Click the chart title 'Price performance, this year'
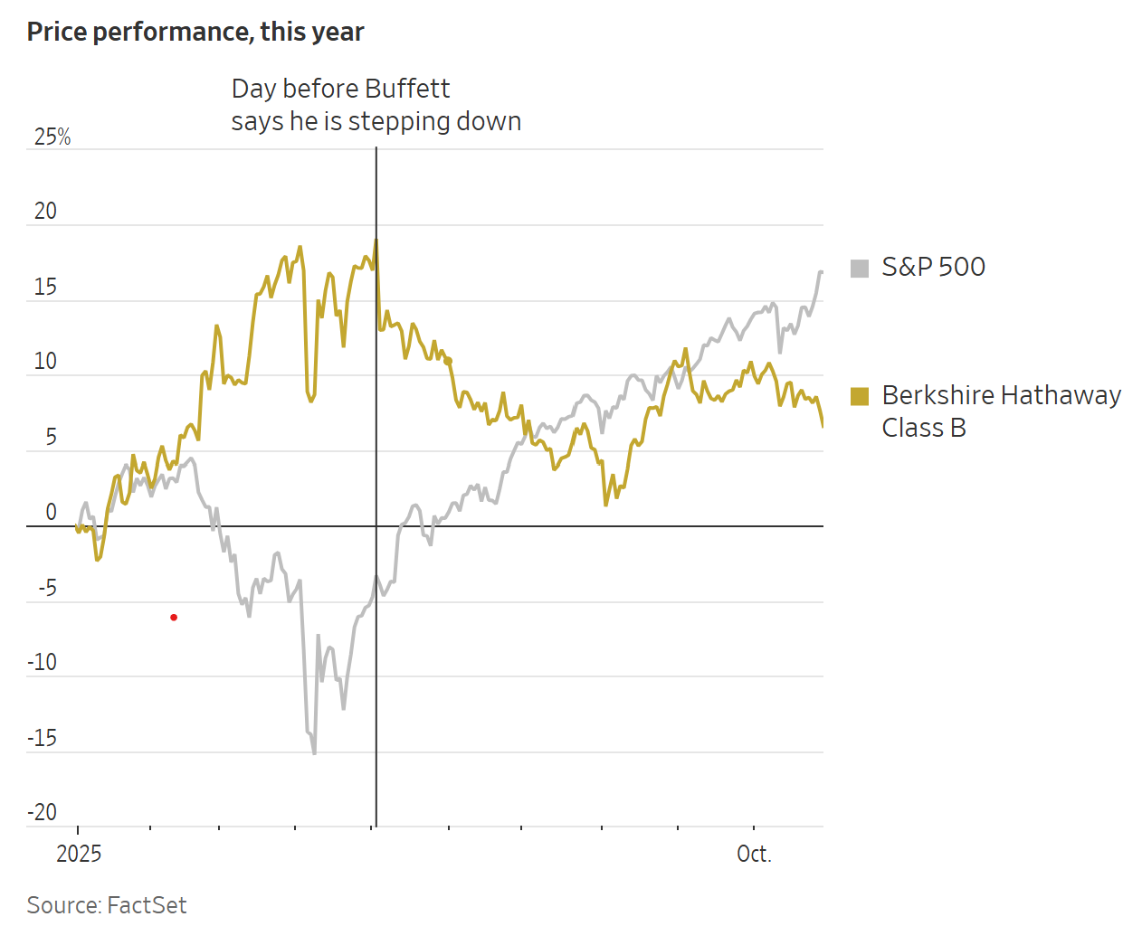[195, 32]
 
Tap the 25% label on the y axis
[52, 137]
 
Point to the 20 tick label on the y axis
[45, 211]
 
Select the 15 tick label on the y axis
[45, 287]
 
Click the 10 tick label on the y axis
[45, 362]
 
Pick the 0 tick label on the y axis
[52, 512]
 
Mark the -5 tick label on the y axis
[47, 588]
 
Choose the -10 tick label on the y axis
[42, 662]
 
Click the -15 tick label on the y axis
[42, 738]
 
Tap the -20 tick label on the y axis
[42, 812]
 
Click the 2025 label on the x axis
[79, 854]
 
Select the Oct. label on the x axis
[754, 854]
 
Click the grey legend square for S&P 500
[860, 268]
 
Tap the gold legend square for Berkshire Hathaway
[860, 396]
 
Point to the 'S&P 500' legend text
[933, 267]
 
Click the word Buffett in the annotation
[407, 89]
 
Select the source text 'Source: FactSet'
[107, 905]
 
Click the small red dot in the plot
[174, 618]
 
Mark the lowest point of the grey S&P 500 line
[314, 752]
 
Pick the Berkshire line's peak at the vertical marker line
[376, 241]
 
